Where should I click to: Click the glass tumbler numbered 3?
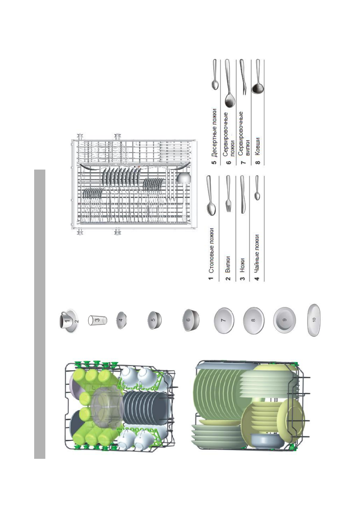98,320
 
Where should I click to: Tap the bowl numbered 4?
122,320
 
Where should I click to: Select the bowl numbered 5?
154,320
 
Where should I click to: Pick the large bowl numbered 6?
190,320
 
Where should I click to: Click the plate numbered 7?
224,320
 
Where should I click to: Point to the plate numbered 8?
254,320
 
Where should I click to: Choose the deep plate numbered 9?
284,320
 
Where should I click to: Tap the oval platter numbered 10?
314,320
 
